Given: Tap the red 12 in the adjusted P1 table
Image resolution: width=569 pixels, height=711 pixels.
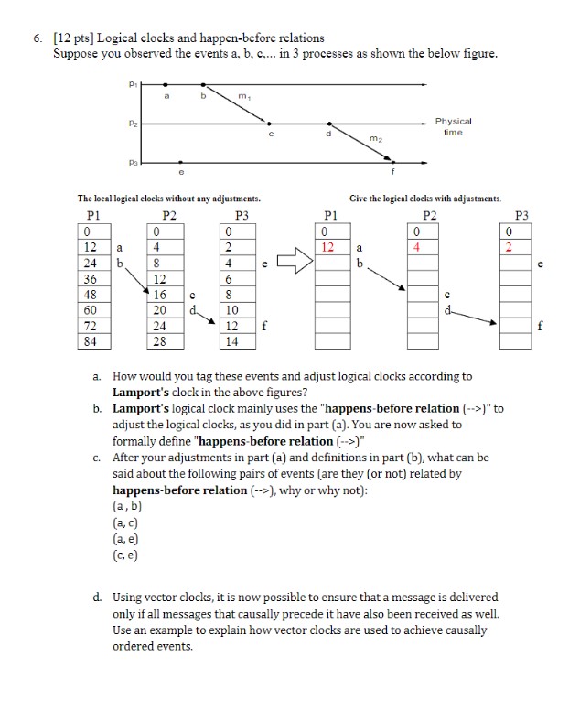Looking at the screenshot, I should point(332,247).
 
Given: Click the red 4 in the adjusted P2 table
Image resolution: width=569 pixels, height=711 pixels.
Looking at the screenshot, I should point(416,247).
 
